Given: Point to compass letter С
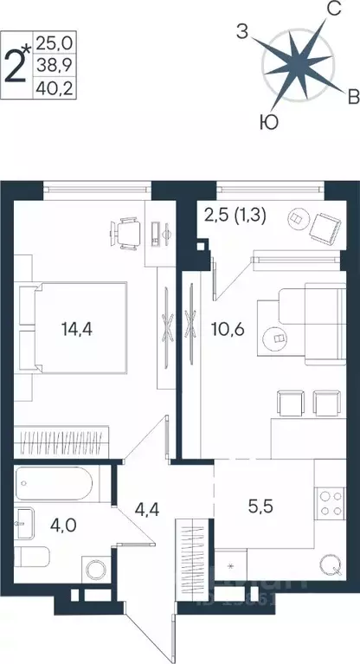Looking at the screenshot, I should click(331, 10).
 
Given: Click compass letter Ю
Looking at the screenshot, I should click(269, 122).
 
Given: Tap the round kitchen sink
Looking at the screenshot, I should click(329, 567).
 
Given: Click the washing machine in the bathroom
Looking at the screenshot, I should click(95, 569).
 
